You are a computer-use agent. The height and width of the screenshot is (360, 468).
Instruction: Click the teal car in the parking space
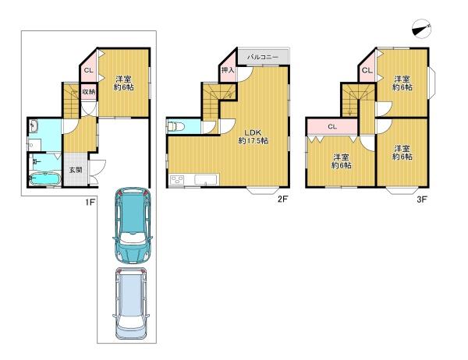(x=133, y=225)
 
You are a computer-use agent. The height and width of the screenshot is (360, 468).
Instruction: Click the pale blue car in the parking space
(x=132, y=304)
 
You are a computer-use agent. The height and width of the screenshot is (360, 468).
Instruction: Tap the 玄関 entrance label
(x=76, y=171)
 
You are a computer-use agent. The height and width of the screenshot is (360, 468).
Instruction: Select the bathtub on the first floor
(x=45, y=179)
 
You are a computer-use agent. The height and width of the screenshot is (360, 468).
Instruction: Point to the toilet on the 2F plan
(x=176, y=127)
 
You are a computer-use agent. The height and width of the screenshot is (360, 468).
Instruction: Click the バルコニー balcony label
(x=263, y=57)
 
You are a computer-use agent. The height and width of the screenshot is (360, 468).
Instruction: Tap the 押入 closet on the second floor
(x=228, y=71)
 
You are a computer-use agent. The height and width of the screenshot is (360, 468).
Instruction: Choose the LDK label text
(x=253, y=132)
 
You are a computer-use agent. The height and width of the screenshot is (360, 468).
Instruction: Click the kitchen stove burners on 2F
(x=177, y=180)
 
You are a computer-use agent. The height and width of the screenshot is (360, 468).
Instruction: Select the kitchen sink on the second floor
(x=206, y=180)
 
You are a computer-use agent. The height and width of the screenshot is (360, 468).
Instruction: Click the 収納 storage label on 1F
(x=89, y=92)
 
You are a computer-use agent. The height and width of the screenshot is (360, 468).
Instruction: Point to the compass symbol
(x=421, y=29)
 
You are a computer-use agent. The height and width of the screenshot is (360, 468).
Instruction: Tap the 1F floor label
(x=90, y=203)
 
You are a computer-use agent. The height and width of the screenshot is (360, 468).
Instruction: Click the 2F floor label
(x=282, y=199)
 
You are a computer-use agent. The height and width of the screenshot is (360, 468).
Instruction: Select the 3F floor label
(x=422, y=199)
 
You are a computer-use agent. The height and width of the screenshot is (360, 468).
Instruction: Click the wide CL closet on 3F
(x=332, y=127)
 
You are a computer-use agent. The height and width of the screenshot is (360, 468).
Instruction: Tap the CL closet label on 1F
(x=89, y=70)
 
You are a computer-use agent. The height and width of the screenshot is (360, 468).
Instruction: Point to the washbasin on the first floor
(x=34, y=126)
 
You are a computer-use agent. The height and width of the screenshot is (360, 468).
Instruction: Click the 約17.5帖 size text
(x=253, y=140)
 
